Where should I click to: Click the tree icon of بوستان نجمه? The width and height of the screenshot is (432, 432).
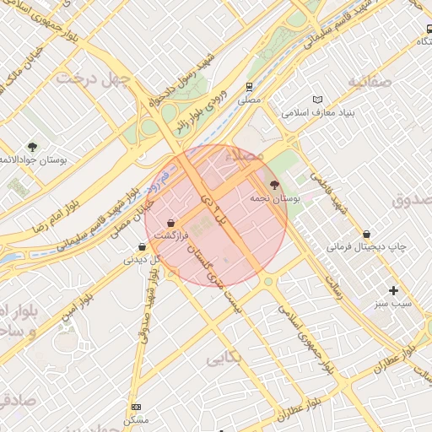click(x=273, y=184)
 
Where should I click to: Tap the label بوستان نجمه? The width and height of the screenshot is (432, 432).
click(x=276, y=198)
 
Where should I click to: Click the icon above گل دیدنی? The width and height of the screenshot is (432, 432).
click(x=142, y=247)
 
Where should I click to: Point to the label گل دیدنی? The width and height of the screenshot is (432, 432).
click(x=141, y=260)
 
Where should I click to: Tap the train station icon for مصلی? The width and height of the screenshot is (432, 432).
click(x=249, y=86)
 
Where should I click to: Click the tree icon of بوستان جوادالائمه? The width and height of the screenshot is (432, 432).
click(x=32, y=147)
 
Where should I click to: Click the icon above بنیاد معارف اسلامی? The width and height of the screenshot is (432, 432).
click(x=317, y=100)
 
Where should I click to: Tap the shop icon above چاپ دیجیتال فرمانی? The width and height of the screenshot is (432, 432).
click(x=366, y=234)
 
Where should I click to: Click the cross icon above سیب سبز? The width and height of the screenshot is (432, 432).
click(x=393, y=290)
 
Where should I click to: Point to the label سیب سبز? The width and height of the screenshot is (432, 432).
click(x=393, y=303)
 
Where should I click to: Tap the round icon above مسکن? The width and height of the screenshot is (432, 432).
click(x=136, y=407)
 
